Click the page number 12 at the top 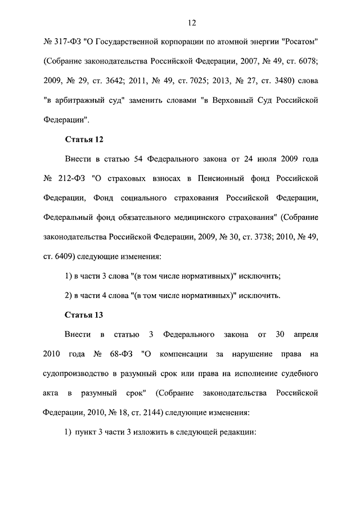click(191, 22)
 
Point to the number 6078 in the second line click(304, 61)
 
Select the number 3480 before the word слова click(280, 81)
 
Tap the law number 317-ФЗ click(67, 42)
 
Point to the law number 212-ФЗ click(73, 178)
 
